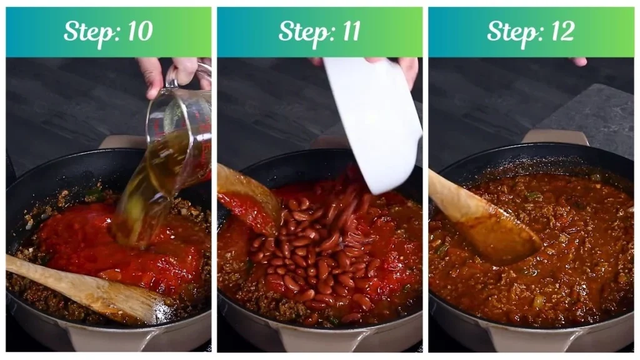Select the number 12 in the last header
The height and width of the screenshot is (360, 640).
tap(559, 32)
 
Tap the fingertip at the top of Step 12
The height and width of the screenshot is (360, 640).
tap(579, 61)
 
